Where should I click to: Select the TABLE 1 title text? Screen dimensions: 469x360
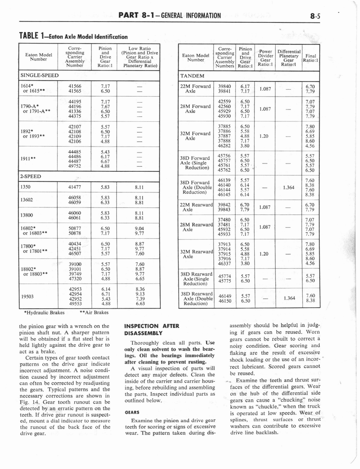pos(73,36)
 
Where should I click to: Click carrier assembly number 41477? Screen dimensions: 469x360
pos(74,187)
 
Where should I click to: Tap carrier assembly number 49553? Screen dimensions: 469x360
pos(74,303)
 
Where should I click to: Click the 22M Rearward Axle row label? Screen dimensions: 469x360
pos(196,207)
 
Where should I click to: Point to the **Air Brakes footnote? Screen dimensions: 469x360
pos(94,313)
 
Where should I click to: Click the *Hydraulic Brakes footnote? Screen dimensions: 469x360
pos(44,313)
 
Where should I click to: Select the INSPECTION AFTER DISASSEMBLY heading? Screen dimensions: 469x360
pos(152,330)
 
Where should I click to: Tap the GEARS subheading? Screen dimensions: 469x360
pos(132,412)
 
